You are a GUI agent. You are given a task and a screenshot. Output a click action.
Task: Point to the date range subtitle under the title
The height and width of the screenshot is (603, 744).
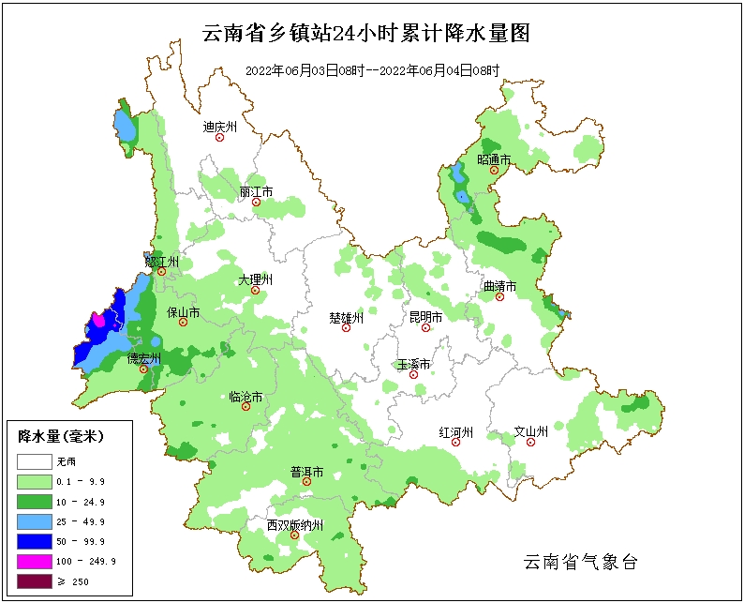(372, 70)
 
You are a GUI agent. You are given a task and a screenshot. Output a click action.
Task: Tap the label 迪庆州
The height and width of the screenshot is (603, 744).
(220, 126)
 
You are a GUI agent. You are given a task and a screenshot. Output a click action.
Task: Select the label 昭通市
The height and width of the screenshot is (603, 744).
(494, 159)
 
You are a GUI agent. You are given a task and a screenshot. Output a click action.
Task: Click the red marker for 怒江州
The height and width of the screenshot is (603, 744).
(161, 272)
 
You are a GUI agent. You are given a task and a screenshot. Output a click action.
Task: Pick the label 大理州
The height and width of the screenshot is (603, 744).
(255, 279)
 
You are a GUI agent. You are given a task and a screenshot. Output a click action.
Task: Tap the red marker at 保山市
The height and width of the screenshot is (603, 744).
(184, 323)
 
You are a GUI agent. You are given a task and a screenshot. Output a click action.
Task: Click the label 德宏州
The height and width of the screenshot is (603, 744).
(144, 357)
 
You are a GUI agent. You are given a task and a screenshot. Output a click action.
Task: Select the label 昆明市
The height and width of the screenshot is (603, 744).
(425, 317)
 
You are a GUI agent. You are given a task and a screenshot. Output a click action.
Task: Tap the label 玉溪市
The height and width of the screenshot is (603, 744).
(413, 363)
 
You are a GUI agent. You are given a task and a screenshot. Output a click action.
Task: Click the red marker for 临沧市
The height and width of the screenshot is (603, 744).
(246, 407)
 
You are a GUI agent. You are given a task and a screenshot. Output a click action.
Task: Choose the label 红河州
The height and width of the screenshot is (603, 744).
(456, 431)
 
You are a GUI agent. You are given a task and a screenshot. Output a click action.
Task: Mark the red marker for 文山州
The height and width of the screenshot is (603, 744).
(530, 443)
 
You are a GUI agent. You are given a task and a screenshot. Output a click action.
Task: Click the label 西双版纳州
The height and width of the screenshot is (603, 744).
(294, 525)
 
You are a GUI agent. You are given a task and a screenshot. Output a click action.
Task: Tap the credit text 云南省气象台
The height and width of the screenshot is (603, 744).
(580, 562)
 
